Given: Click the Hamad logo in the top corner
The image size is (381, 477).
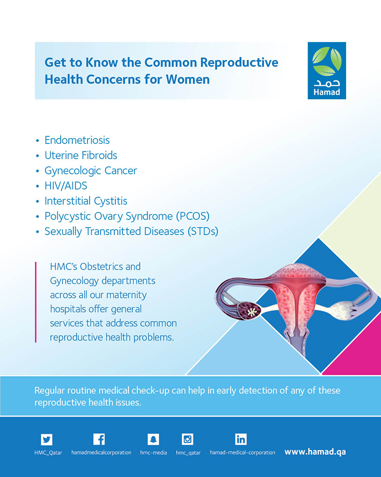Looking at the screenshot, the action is pos(327,70).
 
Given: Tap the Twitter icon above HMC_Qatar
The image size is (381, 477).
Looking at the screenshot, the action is pos(47,439).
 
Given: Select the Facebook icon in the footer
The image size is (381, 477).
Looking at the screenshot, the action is pos(99,439).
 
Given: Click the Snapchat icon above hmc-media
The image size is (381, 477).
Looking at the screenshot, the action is pos(153,439).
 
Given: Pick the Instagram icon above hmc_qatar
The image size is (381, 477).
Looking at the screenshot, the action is pos(187,439).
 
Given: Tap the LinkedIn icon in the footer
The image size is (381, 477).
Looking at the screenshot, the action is pos(241,439).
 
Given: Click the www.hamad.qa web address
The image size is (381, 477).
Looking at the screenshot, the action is pos(315,452).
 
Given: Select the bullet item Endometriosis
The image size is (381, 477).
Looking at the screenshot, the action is pos(77,140).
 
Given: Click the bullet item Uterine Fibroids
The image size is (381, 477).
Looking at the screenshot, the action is pos(81,155).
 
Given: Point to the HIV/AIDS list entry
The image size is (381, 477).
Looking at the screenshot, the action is pos(66,186).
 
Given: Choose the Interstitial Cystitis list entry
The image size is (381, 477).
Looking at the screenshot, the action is pos(86,201).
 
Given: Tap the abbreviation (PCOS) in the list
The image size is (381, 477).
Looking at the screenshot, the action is pos(193,216).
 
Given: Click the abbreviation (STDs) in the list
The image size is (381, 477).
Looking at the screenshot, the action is pos(203,231).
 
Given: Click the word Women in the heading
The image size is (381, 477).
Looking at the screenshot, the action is pos(188,80).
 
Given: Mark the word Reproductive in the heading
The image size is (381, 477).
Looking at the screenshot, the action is pos(239,63).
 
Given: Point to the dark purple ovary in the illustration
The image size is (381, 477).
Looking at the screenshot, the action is pos(249,311).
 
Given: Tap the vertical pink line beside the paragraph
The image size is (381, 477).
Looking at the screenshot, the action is pos(36,302).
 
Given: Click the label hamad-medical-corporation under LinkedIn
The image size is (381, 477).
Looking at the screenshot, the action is pos(242,452).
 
